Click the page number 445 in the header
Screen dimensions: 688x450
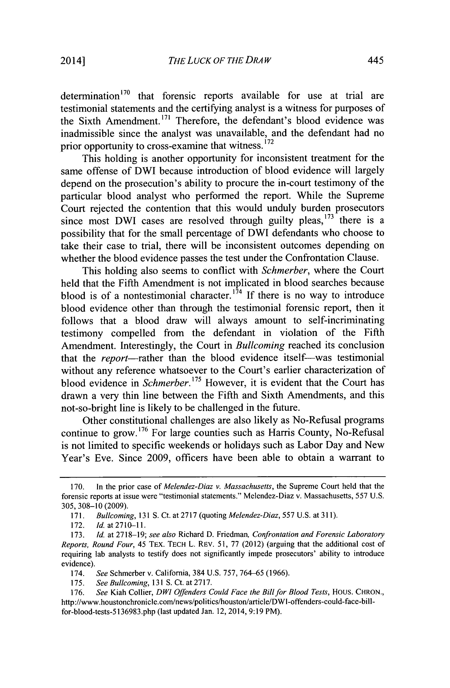point(375,60)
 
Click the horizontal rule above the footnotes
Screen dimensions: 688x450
point(223,477)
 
